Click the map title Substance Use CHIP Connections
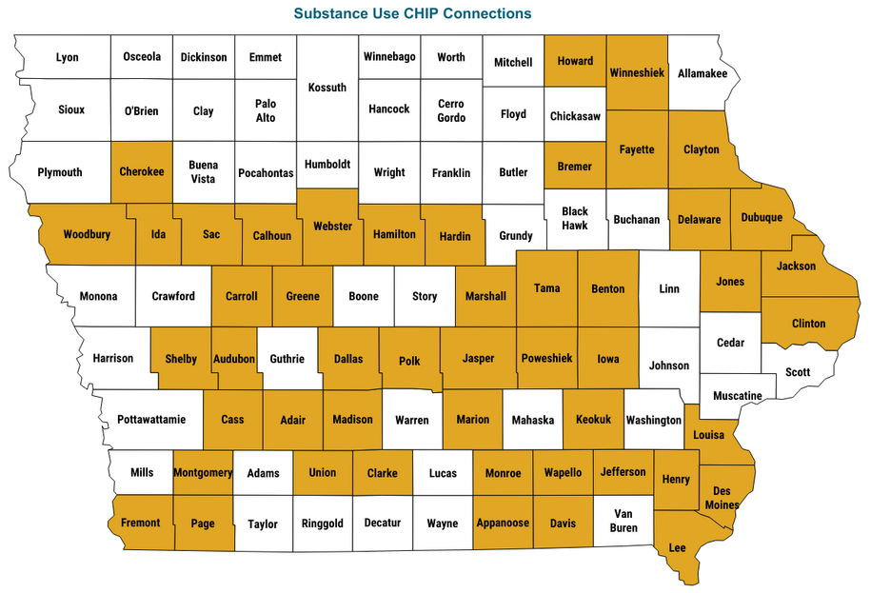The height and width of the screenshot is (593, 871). click(412, 14)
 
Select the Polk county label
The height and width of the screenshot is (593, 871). click(409, 361)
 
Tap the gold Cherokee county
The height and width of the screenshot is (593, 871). click(142, 172)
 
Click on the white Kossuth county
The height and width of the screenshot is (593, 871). click(327, 88)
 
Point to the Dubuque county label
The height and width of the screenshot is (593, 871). click(761, 218)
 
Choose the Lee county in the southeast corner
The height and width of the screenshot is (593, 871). click(679, 547)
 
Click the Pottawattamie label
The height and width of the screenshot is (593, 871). click(151, 419)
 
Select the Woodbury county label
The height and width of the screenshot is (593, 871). click(87, 234)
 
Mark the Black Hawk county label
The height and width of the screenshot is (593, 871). click(575, 218)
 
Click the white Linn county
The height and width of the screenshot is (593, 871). click(669, 288)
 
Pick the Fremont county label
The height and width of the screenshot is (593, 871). click(141, 523)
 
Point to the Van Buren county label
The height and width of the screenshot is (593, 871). click(623, 520)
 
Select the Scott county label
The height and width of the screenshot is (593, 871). click(799, 372)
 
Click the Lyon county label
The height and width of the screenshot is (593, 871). click(68, 57)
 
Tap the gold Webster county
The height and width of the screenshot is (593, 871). click(332, 227)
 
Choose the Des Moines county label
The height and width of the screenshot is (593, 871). click(722, 498)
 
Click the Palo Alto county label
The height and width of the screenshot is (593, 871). click(266, 110)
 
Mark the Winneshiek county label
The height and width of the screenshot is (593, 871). click(637, 72)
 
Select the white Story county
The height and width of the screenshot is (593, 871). click(425, 296)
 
